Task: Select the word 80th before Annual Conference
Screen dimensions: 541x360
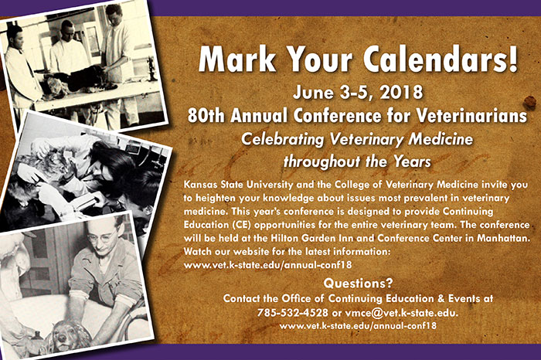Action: point(206,116)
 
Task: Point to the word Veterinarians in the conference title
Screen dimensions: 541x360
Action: point(471,116)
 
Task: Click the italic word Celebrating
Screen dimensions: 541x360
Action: point(282,140)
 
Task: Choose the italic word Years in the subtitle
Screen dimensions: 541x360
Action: point(413,161)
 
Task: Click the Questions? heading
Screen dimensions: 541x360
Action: point(358,284)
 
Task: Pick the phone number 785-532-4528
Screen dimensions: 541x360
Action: point(293,313)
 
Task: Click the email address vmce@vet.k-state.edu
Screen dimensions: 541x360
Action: point(402,313)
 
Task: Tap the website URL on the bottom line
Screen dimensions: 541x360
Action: point(358,326)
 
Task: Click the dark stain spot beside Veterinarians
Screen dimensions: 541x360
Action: point(529,102)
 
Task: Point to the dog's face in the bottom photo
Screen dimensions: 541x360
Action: point(66,334)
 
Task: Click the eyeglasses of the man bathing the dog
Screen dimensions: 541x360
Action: point(103,236)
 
